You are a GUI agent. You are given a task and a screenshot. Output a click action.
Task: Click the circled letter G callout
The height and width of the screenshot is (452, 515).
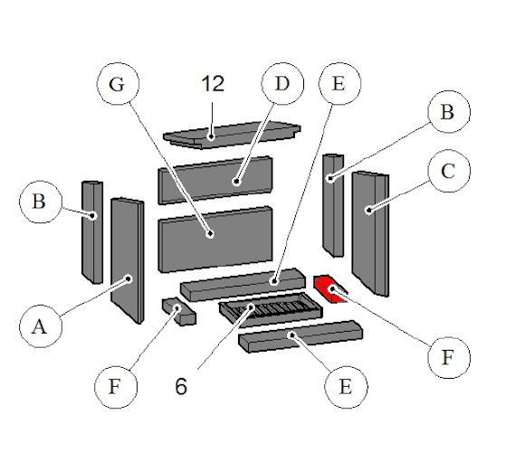[118, 84]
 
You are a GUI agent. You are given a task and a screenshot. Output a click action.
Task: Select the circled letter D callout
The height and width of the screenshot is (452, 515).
[282, 84]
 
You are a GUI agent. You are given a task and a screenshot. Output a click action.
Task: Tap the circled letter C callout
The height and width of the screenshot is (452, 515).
[449, 171]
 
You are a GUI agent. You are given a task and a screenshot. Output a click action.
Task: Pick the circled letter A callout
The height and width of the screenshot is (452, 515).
[41, 326]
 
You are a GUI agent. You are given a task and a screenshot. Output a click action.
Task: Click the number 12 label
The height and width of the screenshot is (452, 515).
[213, 84]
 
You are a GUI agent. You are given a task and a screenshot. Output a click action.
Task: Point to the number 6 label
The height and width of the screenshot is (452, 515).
[181, 386]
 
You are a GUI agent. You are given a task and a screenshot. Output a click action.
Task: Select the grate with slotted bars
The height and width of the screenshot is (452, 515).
[271, 309]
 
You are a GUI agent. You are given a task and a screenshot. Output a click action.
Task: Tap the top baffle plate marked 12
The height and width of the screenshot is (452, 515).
[232, 135]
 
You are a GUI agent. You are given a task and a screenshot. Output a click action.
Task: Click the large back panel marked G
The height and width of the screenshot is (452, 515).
[215, 240]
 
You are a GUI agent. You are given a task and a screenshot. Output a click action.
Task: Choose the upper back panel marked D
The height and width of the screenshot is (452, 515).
[215, 181]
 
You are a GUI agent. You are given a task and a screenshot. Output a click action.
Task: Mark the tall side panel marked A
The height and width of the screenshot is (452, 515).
[128, 260]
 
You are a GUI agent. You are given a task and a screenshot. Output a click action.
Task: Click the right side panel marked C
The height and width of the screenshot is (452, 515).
[370, 233]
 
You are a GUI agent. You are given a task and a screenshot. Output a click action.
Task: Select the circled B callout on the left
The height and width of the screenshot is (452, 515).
[41, 202]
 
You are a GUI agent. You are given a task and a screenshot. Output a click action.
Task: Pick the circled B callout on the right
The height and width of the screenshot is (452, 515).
[449, 111]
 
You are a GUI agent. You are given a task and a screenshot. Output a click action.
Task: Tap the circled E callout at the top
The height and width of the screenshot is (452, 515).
[340, 84]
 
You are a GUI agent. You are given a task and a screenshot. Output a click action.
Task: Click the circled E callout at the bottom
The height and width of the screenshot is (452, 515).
[346, 387]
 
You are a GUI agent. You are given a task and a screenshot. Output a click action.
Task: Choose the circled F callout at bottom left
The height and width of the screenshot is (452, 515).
[116, 387]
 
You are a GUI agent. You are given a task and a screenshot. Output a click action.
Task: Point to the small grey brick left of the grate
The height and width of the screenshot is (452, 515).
[179, 311]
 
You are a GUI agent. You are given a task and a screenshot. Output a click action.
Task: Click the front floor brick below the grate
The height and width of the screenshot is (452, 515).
[300, 336]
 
